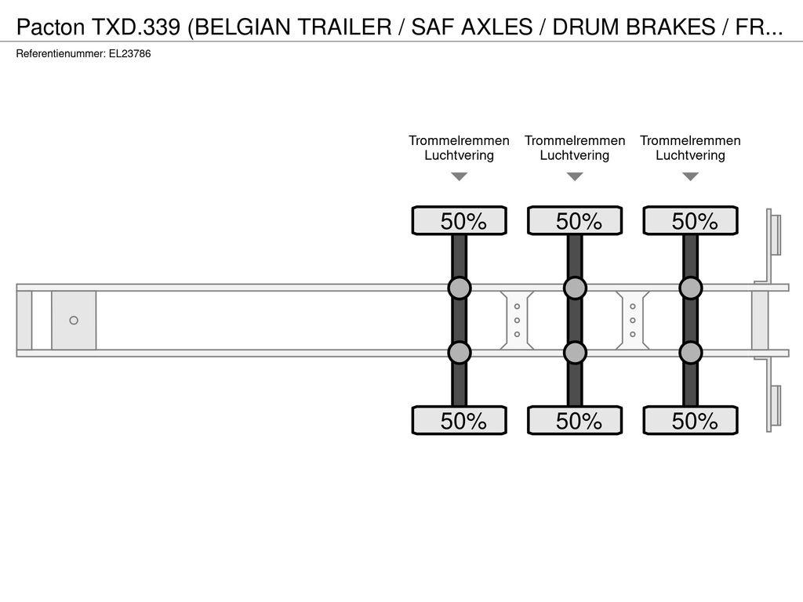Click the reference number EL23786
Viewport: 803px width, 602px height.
pos(129,54)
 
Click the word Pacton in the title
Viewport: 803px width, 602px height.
pos(51,27)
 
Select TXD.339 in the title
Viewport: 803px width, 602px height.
pos(136,27)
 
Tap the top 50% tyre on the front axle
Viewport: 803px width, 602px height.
pos(460,220)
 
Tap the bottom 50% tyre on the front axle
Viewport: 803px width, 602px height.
pos(460,420)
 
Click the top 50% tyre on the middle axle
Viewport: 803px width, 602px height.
pos(575,220)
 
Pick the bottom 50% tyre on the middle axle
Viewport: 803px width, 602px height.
pos(575,420)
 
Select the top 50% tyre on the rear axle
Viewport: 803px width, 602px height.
pos(691,220)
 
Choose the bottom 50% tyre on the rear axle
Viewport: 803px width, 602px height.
pos(691,420)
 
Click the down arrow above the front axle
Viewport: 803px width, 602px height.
pos(460,176)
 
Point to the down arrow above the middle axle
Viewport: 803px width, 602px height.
pos(575,176)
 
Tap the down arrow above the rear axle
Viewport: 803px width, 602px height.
pos(691,176)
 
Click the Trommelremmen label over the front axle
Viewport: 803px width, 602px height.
pos(459,141)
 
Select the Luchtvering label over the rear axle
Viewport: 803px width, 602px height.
pos(690,156)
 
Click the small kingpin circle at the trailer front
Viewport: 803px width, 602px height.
pos(74,321)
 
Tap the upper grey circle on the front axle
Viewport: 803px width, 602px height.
pos(460,288)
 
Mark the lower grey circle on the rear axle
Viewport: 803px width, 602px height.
pos(691,353)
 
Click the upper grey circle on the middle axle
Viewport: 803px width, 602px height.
pos(575,288)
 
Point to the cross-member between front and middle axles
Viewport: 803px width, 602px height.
pos(518,321)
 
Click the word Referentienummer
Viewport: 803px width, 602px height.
pos(61,54)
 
